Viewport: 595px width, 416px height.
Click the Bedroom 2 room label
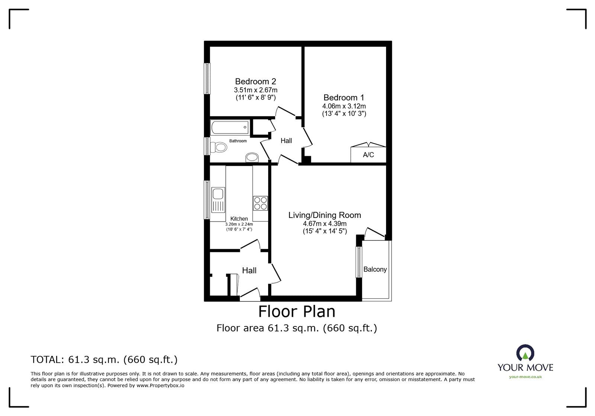255,81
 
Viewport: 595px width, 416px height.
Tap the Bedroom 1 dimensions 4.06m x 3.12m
344,106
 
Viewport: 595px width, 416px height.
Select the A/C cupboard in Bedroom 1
368,155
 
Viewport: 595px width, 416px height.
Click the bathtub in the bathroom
229,128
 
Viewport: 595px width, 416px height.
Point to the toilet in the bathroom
219,148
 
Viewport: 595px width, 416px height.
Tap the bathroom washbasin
252,158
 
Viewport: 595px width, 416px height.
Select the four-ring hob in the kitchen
260,203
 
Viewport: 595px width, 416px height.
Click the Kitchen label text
239,219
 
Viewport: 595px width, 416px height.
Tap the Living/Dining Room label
325,215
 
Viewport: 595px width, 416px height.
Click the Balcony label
375,270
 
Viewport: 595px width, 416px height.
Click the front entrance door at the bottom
250,296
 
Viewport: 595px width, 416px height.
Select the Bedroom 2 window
207,78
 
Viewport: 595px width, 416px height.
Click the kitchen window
207,200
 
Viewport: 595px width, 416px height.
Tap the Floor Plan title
297,312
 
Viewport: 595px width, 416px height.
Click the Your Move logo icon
525,353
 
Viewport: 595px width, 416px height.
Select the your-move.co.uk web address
525,377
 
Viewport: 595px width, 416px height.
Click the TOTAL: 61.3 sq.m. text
104,360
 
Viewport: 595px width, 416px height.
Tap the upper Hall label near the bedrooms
286,141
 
